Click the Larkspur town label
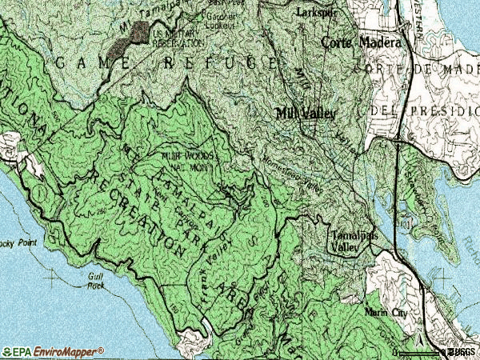pos(313,14)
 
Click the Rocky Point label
pos(16,242)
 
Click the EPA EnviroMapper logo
pos(53,351)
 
